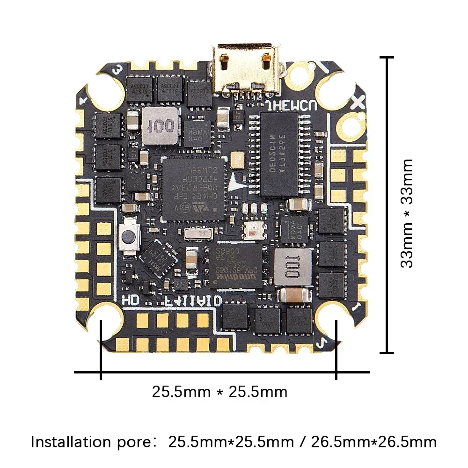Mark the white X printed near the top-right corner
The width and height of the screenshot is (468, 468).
click(x=360, y=101)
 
